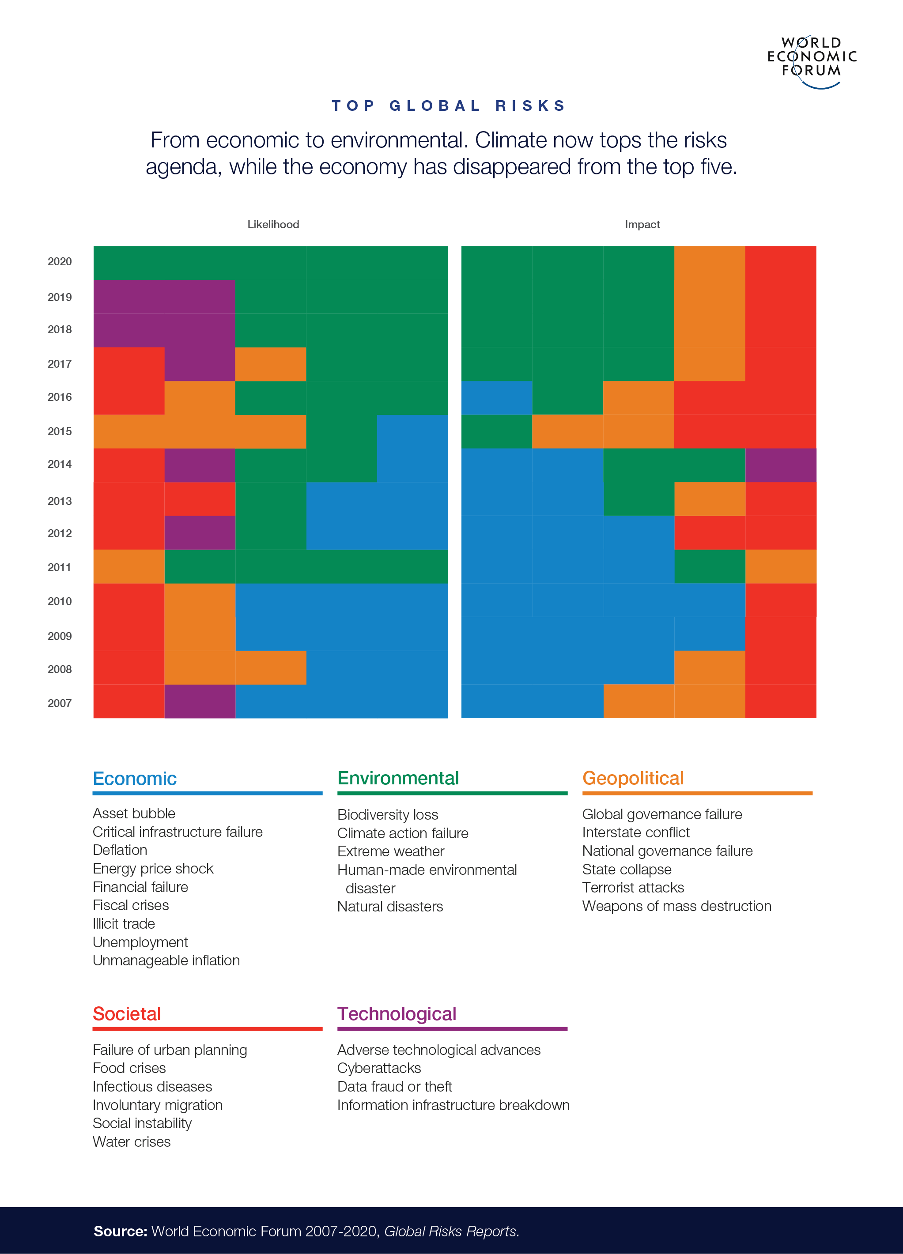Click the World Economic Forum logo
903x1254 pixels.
click(x=811, y=60)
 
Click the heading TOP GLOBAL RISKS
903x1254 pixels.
click(x=449, y=105)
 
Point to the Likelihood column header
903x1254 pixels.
click(x=273, y=225)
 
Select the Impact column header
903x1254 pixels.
click(x=642, y=225)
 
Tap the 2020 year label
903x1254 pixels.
click(x=60, y=262)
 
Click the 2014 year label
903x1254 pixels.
click(x=60, y=464)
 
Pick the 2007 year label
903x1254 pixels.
click(x=60, y=703)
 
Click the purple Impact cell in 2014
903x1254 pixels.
click(x=780, y=465)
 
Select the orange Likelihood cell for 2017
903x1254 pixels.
click(x=270, y=364)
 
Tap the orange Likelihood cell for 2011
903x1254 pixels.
click(x=129, y=567)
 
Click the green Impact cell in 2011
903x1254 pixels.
click(x=710, y=567)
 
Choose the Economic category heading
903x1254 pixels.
click(x=134, y=779)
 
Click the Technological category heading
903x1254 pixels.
click(x=397, y=1014)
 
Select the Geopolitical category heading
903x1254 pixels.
click(x=633, y=779)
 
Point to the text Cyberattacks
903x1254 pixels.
click(x=379, y=1068)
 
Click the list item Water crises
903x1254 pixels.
click(x=132, y=1142)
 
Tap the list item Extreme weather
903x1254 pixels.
click(x=390, y=851)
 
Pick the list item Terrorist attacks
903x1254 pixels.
click(x=633, y=887)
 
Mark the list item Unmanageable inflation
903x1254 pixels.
click(x=166, y=960)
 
